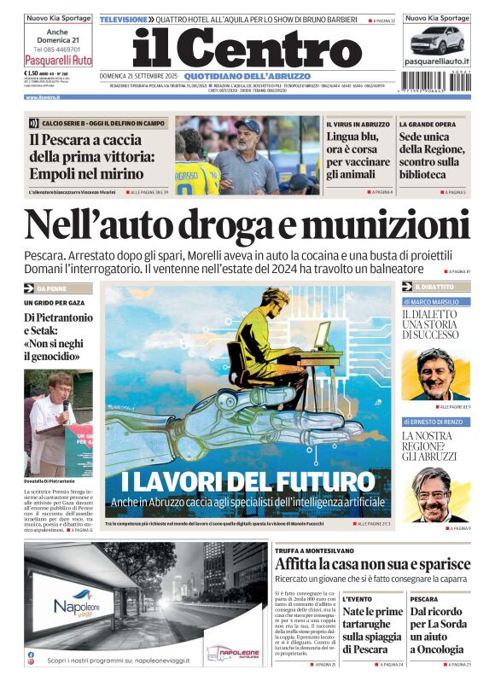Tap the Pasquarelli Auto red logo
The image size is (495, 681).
[58, 61]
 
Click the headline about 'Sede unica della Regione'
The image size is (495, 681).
[434, 155]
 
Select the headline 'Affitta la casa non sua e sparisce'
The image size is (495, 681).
[372, 564]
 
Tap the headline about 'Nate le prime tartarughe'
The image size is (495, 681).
[372, 630]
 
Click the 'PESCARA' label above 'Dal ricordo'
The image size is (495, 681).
[423, 599]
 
